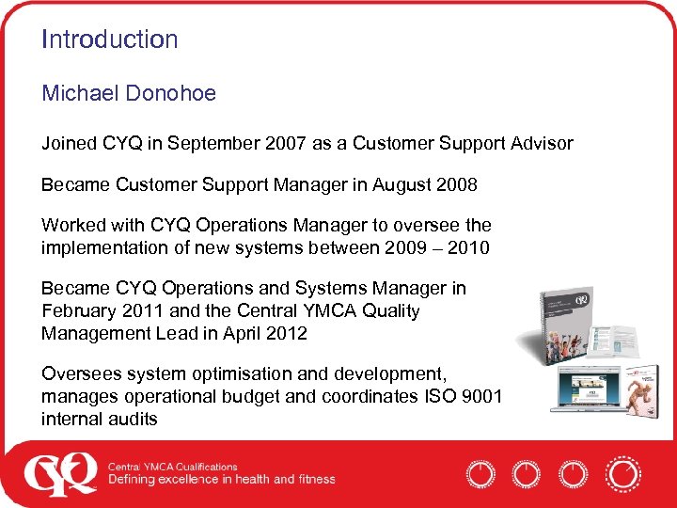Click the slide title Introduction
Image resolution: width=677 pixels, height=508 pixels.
coord(109,40)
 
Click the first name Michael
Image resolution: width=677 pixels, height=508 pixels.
coord(77,93)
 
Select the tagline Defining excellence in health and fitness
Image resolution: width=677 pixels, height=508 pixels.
coord(221,479)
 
